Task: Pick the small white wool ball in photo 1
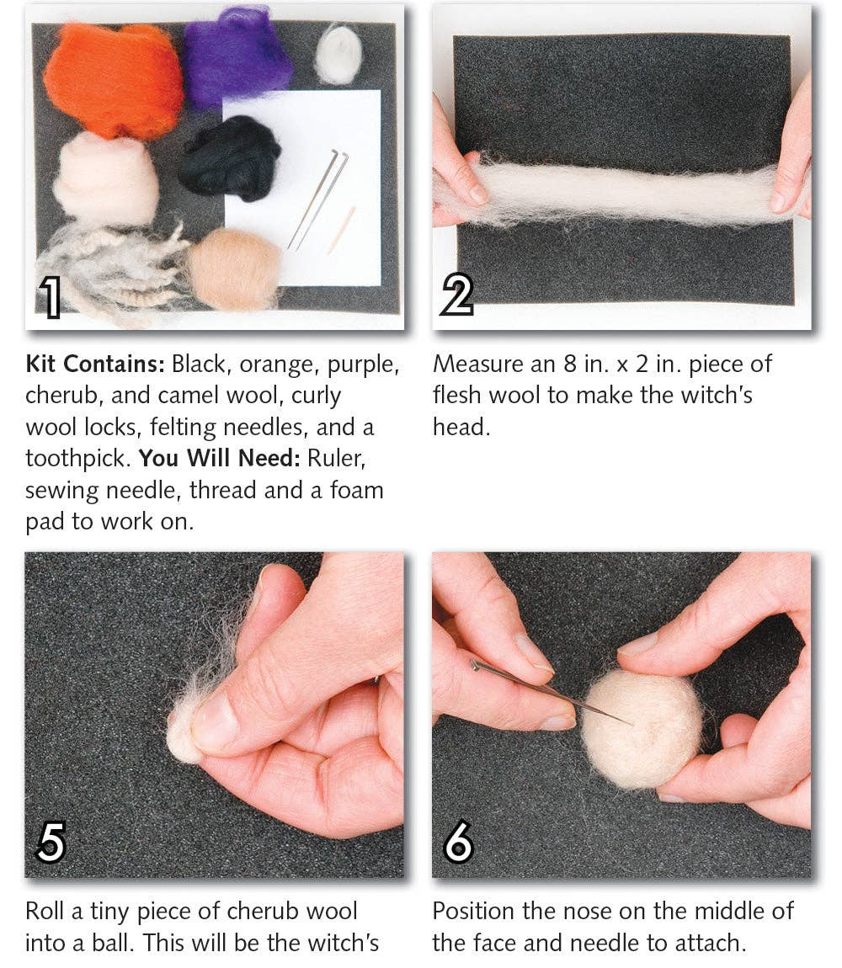point(338,55)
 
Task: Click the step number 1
point(51,299)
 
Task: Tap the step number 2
point(457,296)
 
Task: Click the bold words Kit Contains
point(95,364)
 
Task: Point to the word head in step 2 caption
point(461,428)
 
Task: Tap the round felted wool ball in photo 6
point(642,729)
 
